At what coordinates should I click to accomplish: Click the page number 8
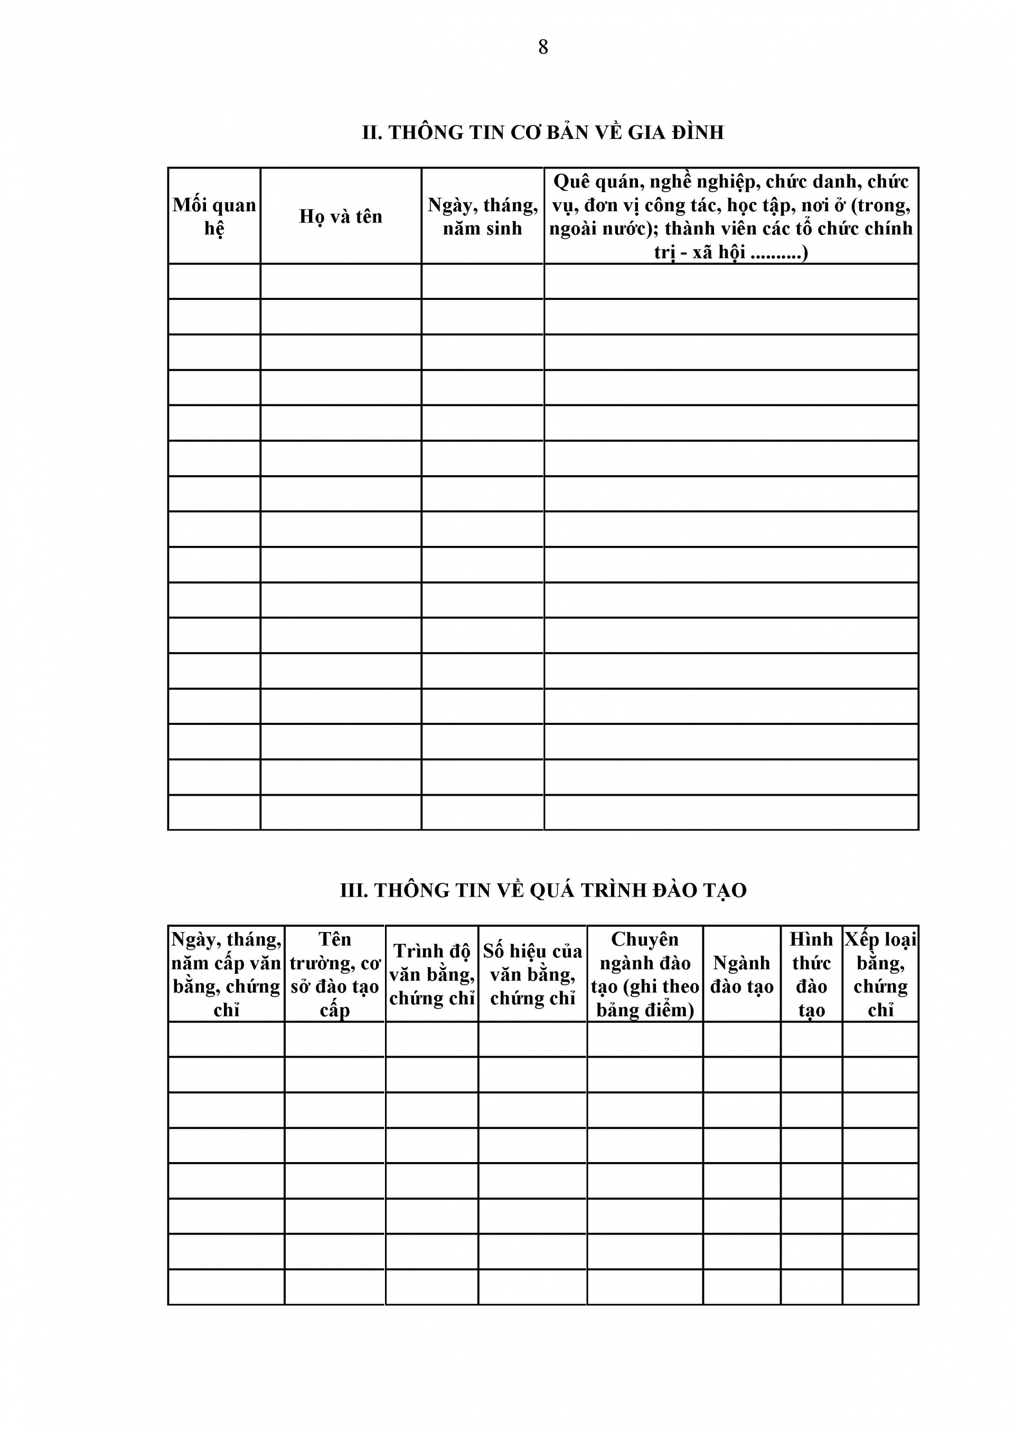(x=542, y=48)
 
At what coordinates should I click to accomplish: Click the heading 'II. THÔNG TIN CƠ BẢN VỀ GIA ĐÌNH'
(x=542, y=133)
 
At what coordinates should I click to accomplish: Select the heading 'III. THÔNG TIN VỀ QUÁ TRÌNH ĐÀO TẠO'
(x=542, y=890)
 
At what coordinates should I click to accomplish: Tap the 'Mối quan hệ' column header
(x=214, y=216)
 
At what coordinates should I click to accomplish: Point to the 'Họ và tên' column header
(x=340, y=216)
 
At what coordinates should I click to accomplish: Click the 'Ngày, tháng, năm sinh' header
(x=483, y=216)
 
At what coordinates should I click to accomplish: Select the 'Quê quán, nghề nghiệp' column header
(x=730, y=216)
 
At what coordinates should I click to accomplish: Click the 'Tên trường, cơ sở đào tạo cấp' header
(x=335, y=974)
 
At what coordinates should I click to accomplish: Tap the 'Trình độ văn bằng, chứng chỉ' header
(x=432, y=974)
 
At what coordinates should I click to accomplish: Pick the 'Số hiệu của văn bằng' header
(x=532, y=974)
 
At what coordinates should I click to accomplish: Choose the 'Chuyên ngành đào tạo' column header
(x=645, y=974)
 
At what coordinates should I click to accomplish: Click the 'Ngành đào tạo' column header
(x=742, y=974)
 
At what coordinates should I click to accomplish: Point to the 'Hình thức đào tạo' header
(x=811, y=974)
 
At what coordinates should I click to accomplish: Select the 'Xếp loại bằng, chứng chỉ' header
(x=880, y=974)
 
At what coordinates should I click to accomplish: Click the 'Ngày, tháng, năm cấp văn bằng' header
(x=226, y=974)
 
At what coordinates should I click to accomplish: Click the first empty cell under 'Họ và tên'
(x=340, y=281)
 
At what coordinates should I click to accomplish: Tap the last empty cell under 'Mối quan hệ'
(x=214, y=812)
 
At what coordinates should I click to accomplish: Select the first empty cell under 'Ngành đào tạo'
(x=742, y=1039)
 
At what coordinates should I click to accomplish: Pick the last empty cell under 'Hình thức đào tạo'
(x=811, y=1287)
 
